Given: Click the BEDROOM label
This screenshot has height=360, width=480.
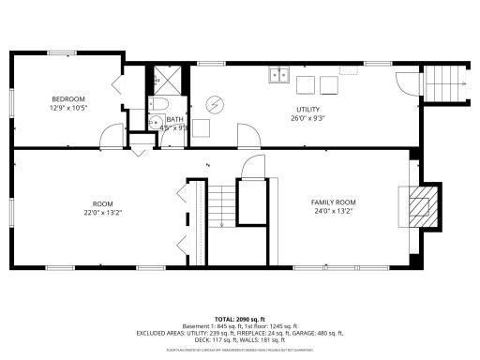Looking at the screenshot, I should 67,98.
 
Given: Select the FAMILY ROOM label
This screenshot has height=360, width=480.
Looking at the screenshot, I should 333,202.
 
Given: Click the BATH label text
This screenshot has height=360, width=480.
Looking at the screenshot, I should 174,119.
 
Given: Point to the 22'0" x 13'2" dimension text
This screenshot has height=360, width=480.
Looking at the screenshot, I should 102,212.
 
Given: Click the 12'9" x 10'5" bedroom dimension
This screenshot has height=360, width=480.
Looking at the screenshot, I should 67,108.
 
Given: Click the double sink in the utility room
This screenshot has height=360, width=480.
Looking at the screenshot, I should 277,74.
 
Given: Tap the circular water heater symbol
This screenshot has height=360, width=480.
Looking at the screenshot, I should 215,103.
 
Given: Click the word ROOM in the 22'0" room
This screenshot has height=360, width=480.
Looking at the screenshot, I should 102,202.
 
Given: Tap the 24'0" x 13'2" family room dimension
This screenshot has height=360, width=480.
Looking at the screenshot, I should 333,211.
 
